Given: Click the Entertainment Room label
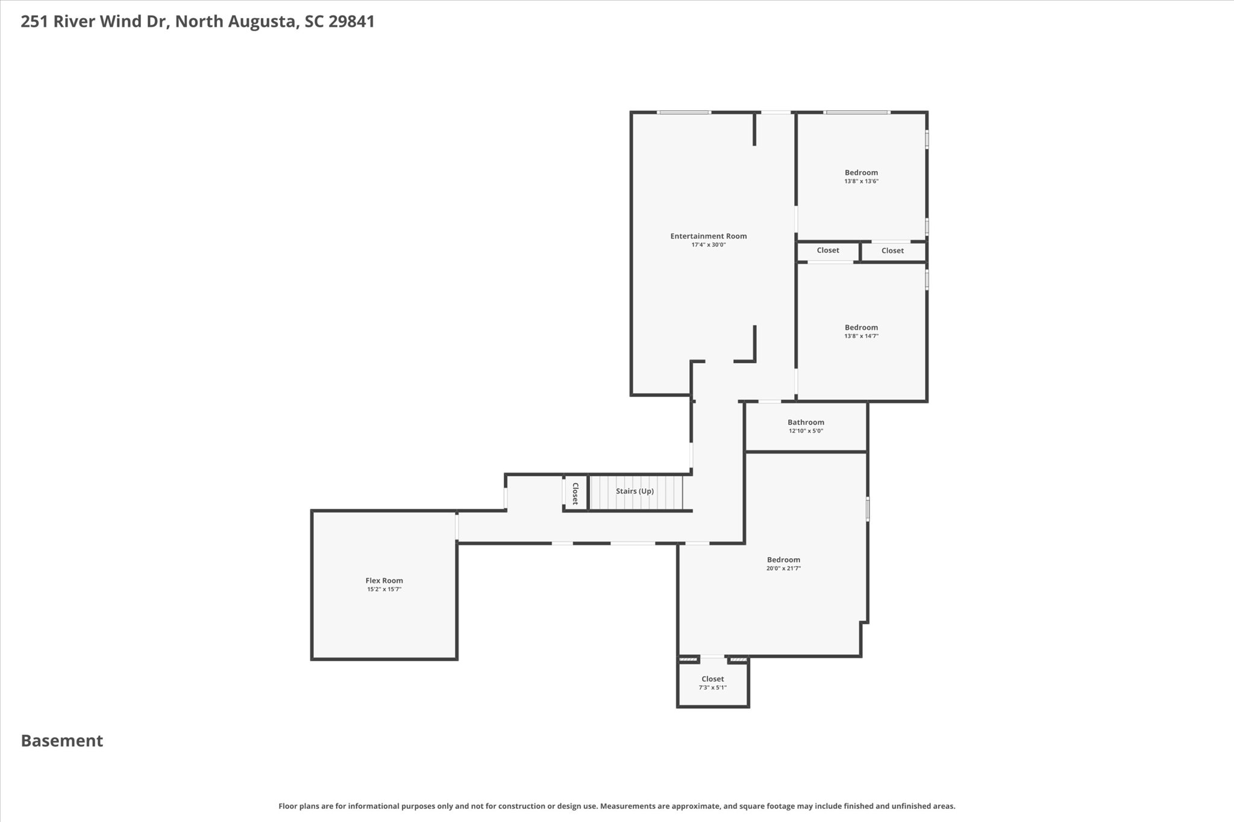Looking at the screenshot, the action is pyautogui.click(x=709, y=236).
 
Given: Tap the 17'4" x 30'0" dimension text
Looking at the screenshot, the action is pyautogui.click(x=709, y=245).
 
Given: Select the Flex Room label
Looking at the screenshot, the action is pyautogui.click(x=384, y=581).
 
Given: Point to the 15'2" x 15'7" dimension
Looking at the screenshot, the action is pyautogui.click(x=384, y=590).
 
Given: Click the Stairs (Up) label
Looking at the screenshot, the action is pyautogui.click(x=635, y=491).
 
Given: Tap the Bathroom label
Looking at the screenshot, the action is pyautogui.click(x=806, y=422).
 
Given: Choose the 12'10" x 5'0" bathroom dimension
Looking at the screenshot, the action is pyautogui.click(x=806, y=431).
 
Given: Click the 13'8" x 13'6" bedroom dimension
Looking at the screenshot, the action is pyautogui.click(x=862, y=181).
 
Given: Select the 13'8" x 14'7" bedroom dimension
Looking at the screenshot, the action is pyautogui.click(x=862, y=337).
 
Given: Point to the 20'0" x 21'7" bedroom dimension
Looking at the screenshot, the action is pyautogui.click(x=784, y=568).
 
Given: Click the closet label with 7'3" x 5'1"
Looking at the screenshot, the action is pyautogui.click(x=713, y=679).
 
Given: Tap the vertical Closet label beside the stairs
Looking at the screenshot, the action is pyautogui.click(x=575, y=493).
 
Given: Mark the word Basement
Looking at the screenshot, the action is pyautogui.click(x=62, y=741).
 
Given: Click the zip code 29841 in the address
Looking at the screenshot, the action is pyautogui.click(x=352, y=22).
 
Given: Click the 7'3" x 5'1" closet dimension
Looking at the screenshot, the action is pyautogui.click(x=713, y=688).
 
